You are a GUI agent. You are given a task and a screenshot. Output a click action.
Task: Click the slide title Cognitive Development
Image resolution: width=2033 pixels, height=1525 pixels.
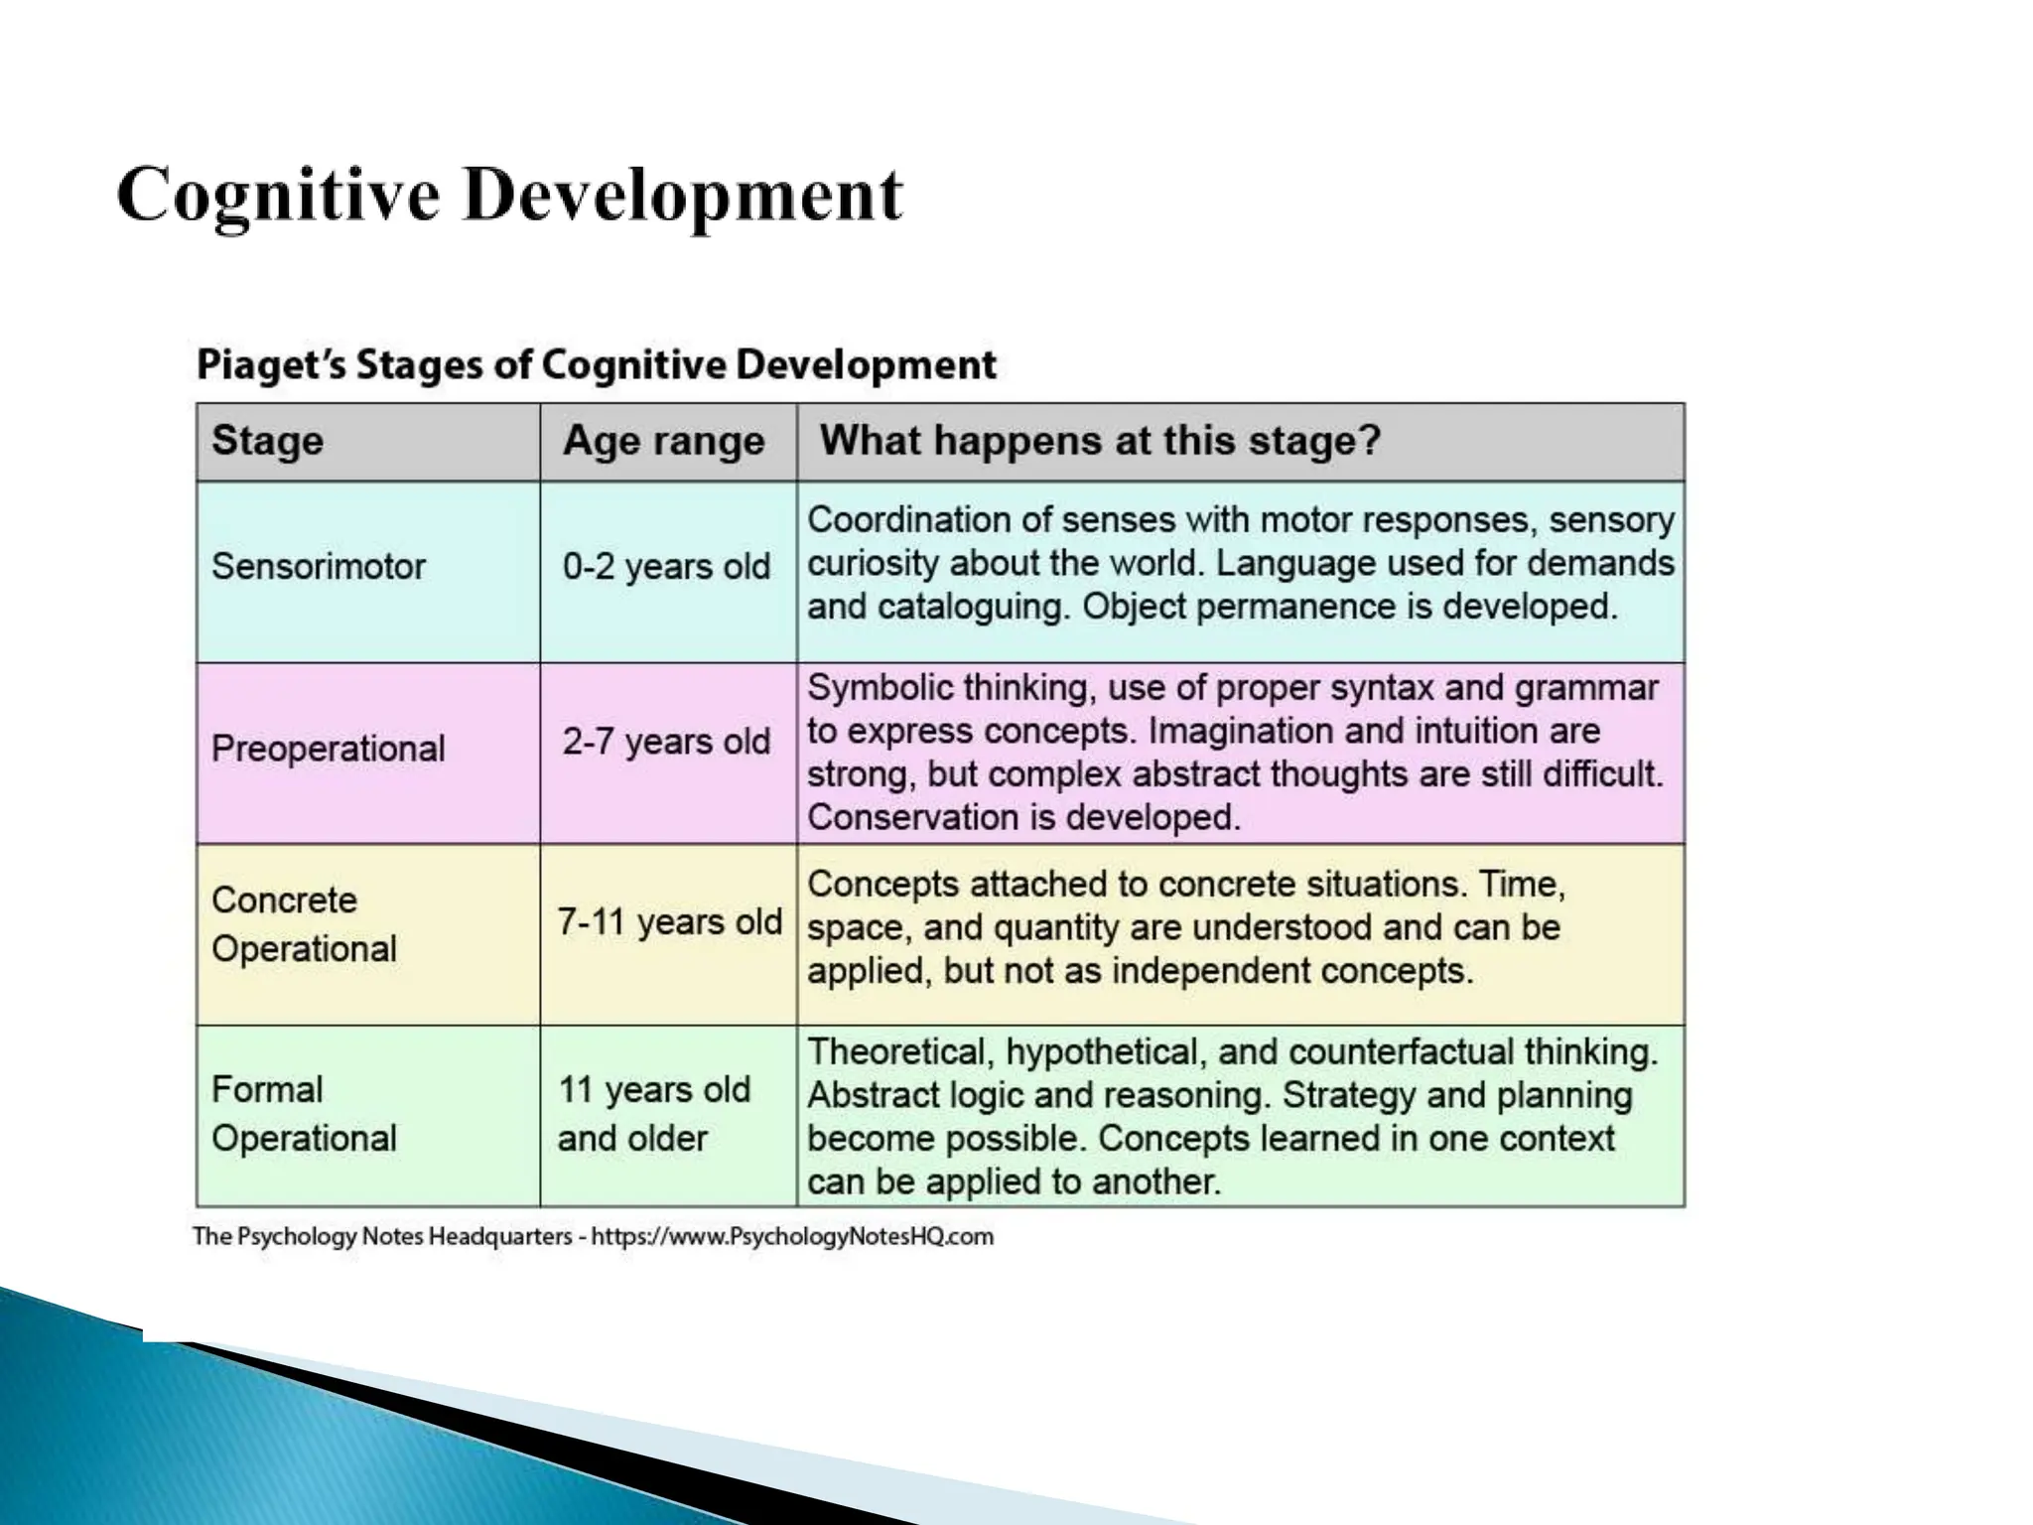point(509,196)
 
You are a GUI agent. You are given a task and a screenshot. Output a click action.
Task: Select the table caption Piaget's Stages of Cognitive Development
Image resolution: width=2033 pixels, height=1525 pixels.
point(596,364)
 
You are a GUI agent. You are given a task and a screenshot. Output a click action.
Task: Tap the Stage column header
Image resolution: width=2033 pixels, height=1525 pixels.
point(268,441)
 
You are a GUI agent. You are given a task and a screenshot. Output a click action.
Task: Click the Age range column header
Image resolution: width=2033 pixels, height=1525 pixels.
point(664,441)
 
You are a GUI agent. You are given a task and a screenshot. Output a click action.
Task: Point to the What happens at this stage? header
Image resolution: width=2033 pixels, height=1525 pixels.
point(1100,440)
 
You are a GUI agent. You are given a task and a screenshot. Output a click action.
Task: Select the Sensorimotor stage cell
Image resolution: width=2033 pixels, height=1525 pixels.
point(319,567)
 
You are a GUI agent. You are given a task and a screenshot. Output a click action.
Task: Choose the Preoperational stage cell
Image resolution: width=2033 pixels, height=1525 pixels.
point(329,749)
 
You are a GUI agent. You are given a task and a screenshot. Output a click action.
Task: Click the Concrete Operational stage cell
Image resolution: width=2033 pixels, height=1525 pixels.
point(304,924)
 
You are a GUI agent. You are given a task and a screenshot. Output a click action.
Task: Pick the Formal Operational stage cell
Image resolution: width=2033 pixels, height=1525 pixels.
point(304,1114)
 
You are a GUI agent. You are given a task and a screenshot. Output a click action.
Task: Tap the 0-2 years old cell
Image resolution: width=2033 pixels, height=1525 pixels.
point(666,567)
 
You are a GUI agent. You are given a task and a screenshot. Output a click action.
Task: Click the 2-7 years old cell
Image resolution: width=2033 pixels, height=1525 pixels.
point(666,742)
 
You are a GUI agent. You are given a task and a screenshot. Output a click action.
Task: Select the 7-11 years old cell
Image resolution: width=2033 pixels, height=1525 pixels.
point(669,922)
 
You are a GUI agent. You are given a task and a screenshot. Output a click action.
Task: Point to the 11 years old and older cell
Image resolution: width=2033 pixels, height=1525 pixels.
point(653,1114)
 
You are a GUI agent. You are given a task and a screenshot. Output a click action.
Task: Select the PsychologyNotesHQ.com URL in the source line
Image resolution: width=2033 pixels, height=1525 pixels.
point(792,1237)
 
